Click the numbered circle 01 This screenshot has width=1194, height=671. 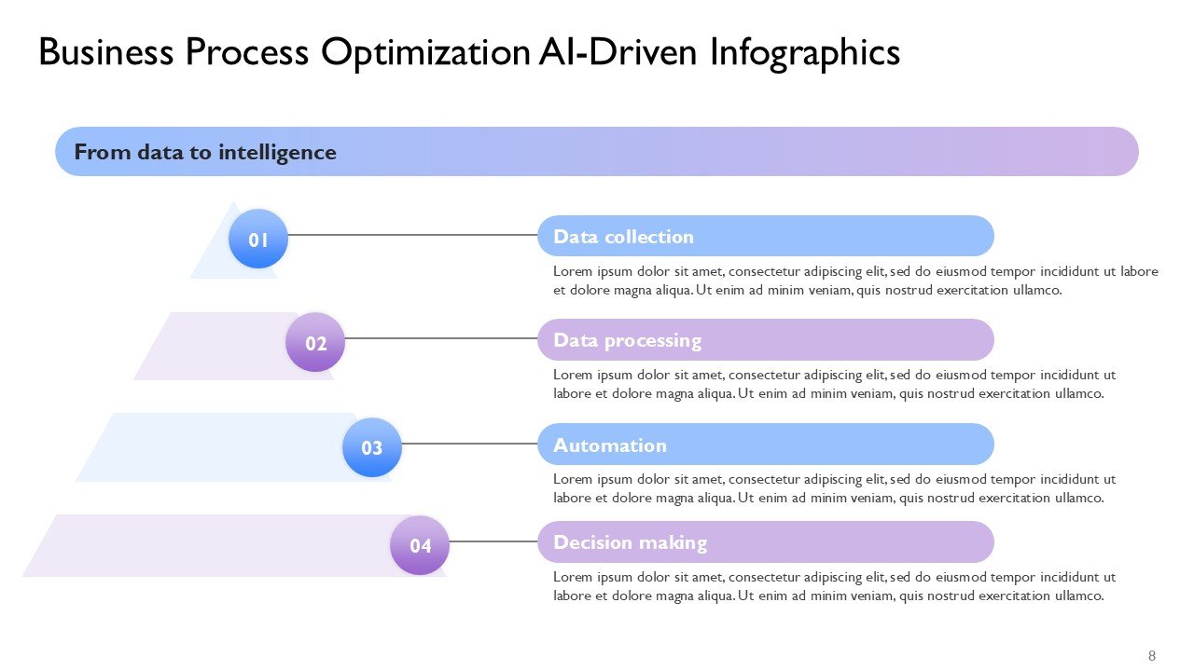258,239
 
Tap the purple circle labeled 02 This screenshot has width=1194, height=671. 315,342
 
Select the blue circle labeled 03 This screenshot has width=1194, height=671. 372,447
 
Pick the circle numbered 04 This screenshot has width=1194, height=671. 420,545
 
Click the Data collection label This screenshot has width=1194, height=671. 624,237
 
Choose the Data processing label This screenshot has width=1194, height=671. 628,340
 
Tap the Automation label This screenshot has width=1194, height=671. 610,445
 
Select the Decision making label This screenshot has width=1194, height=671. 630,542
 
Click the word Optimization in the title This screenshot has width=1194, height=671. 425,53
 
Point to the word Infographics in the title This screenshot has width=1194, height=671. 805,53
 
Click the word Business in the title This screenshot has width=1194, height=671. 106,51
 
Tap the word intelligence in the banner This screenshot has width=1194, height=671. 277,153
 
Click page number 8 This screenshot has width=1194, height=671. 1152,655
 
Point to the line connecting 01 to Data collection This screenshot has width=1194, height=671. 412,235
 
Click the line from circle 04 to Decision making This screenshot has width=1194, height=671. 493,541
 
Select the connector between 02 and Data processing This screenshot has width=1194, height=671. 441,338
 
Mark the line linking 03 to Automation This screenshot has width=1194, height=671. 469,444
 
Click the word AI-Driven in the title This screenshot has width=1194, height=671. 618,51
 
